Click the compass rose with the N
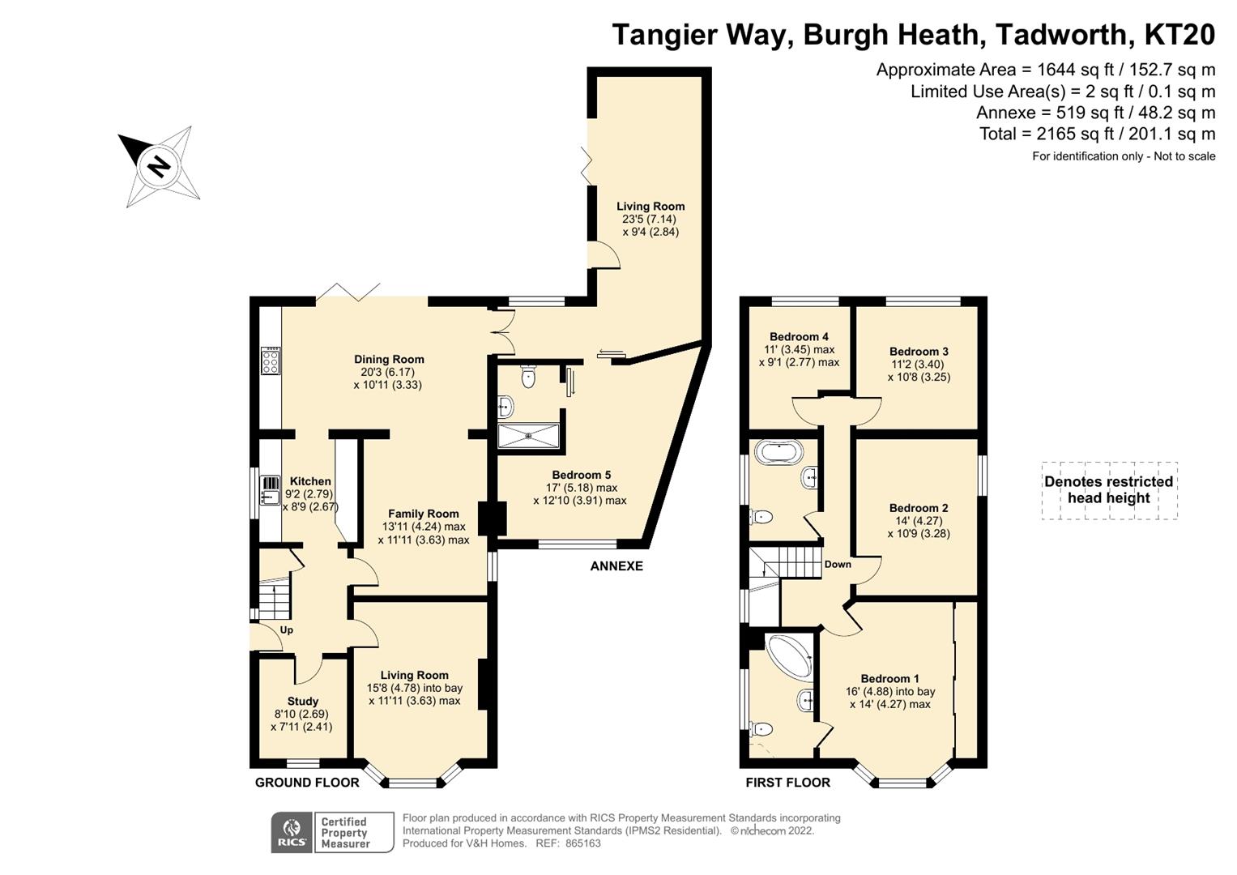pyautogui.click(x=159, y=166)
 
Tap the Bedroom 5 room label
pyautogui.click(x=581, y=475)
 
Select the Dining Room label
pyautogui.click(x=389, y=359)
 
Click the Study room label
pyautogui.click(x=303, y=701)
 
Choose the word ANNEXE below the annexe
pyautogui.click(x=616, y=566)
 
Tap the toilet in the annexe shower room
pyautogui.click(x=529, y=377)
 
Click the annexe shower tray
pyautogui.click(x=529, y=435)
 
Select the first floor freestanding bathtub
pyautogui.click(x=778, y=450)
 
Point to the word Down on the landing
pyautogui.click(x=838, y=564)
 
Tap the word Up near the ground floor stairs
pyautogui.click(x=287, y=630)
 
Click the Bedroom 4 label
pyautogui.click(x=799, y=336)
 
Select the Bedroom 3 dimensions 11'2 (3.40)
pyautogui.click(x=919, y=365)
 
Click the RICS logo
pyautogui.click(x=291, y=832)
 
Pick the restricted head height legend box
pyautogui.click(x=1109, y=490)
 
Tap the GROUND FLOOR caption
pyautogui.click(x=307, y=782)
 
